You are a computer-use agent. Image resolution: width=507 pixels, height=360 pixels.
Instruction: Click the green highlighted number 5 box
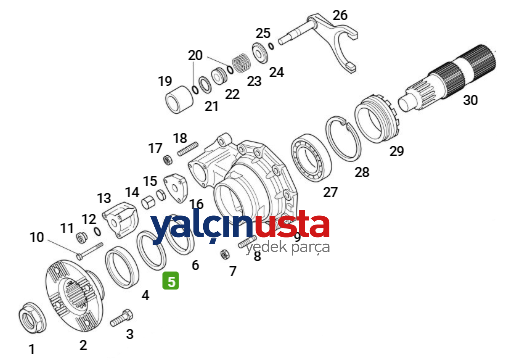170,281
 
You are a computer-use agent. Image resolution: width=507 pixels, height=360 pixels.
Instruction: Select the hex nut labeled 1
32,319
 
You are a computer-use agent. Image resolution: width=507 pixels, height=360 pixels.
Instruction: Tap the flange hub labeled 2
74,295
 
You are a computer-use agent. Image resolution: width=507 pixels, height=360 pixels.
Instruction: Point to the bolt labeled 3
121,318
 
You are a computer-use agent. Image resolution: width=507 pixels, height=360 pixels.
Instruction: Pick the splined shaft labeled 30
448,79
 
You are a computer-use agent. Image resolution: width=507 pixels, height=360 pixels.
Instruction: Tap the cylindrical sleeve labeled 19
179,99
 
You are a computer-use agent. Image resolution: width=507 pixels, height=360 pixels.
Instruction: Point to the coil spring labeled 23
241,63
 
